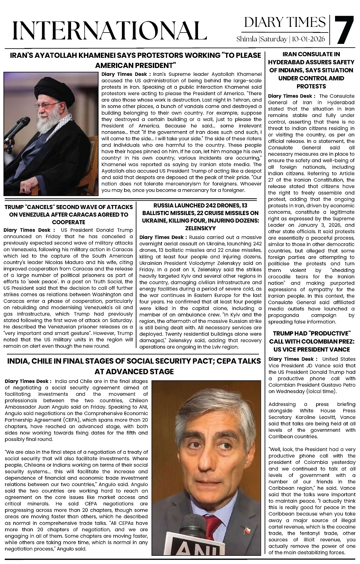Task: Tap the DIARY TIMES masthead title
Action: tap(285, 22)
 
